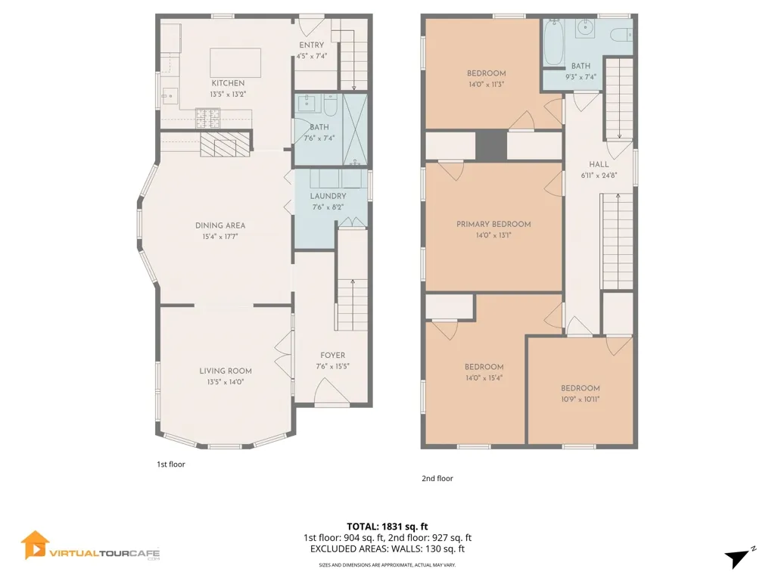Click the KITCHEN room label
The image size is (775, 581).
click(228, 83)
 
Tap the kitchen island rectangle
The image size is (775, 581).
click(235, 63)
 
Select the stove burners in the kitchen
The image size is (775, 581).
click(207, 118)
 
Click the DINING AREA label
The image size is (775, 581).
click(220, 225)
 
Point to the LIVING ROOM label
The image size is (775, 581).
click(226, 371)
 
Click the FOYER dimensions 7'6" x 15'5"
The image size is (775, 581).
click(333, 366)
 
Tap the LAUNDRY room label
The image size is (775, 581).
click(328, 196)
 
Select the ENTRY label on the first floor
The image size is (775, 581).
click(311, 45)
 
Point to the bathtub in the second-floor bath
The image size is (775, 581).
click(553, 42)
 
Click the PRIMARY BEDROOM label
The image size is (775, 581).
click(493, 224)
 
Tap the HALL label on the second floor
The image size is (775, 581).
click(599, 164)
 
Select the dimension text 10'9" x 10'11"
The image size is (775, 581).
click(580, 399)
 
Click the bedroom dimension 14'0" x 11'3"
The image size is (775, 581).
click(487, 84)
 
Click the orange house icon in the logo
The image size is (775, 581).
click(35, 545)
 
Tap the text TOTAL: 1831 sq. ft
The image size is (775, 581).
click(387, 527)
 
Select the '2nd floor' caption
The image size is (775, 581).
click(437, 478)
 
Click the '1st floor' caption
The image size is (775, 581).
click(170, 464)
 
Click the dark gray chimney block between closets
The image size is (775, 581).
click(491, 145)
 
